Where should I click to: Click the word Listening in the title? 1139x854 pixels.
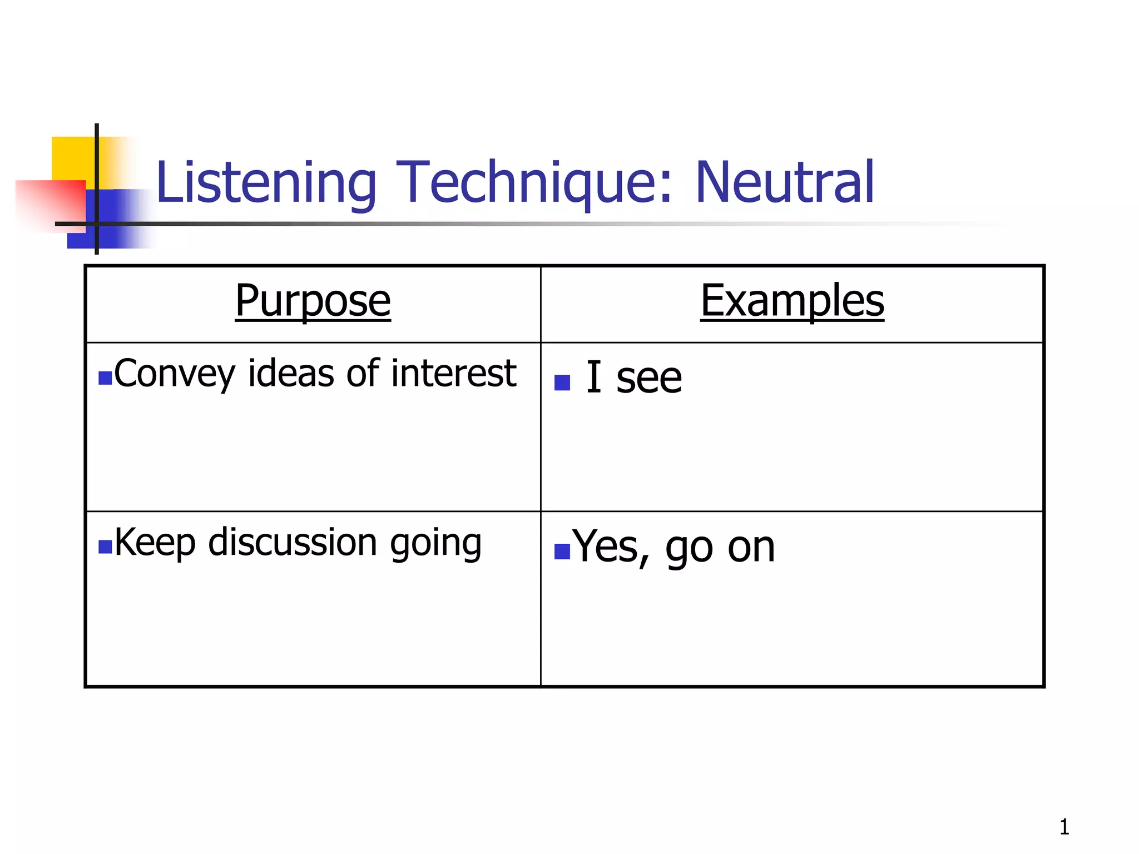point(266,183)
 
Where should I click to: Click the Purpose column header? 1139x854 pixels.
point(313,301)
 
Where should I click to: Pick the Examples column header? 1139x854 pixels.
point(792,301)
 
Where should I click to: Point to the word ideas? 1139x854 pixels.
point(291,373)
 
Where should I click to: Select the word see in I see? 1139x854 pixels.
point(649,379)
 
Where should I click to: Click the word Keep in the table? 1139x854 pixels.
point(155,542)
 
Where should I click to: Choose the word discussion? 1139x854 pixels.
point(293,542)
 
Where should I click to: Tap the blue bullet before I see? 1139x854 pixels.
point(562,383)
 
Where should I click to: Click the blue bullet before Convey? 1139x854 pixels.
point(105,379)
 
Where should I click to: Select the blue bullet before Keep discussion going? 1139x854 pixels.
point(105,547)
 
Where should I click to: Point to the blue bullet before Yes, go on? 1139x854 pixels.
point(562,551)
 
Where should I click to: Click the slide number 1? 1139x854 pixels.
point(1064,827)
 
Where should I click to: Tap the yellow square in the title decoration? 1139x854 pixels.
point(72,158)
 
